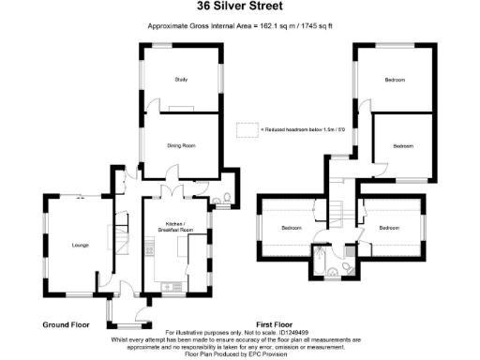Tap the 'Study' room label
click(x=181, y=80)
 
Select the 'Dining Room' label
click(x=181, y=145)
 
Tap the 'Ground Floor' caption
click(x=66, y=324)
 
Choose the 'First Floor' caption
click(x=276, y=324)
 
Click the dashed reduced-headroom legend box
click(x=247, y=128)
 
